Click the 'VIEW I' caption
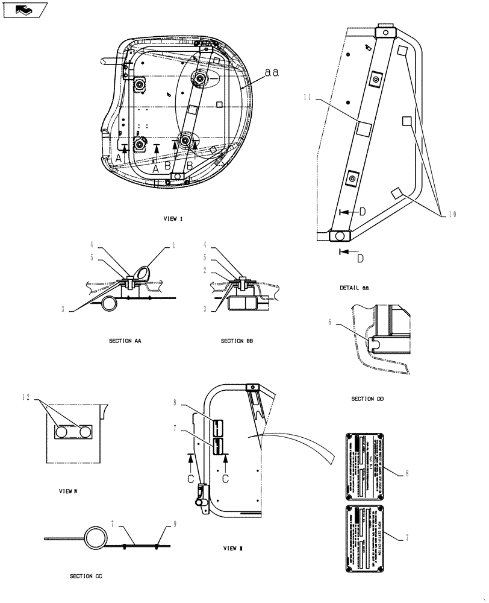pyautogui.click(x=173, y=219)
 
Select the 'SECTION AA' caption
pyautogui.click(x=125, y=341)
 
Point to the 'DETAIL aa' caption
pyautogui.click(x=354, y=288)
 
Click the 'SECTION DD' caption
pyautogui.click(x=367, y=399)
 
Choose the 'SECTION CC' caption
pyautogui.click(x=86, y=576)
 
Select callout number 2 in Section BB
pyautogui.click(x=205, y=270)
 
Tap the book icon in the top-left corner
pyautogui.click(x=25, y=9)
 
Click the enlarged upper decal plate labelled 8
pyautogui.click(x=365, y=466)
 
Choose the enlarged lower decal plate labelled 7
pyautogui.click(x=365, y=538)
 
